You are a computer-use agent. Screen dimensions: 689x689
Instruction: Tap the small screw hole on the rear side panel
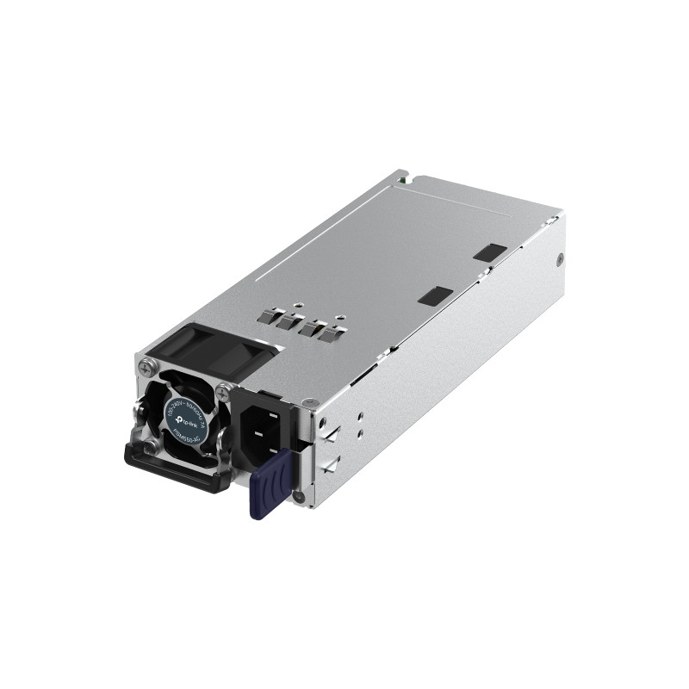pyautogui.click(x=562, y=258)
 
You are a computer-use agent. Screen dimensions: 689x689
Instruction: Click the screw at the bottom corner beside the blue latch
pyautogui.click(x=299, y=496)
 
